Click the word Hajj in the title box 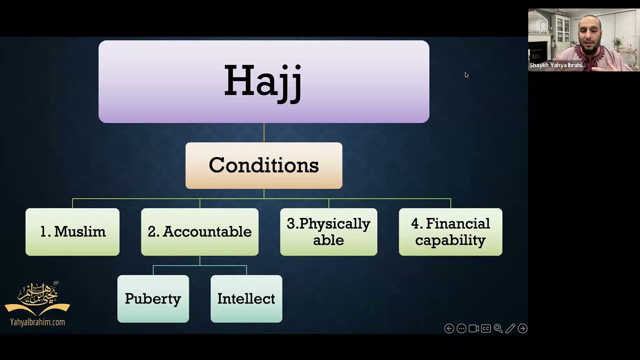[x=263, y=81]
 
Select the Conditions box [x=263, y=165]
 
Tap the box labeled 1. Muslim [x=72, y=232]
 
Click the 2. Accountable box [x=199, y=232]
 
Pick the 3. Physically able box [x=328, y=232]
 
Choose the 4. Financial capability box [x=450, y=232]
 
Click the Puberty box [x=153, y=298]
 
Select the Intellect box [x=246, y=298]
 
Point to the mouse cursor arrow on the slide [x=466, y=75]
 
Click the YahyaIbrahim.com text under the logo [x=37, y=322]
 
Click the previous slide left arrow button [x=449, y=328]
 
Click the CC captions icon [x=485, y=328]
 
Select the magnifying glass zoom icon [x=498, y=328]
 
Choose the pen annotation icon [x=510, y=328]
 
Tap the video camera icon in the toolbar [x=473, y=328]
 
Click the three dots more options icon [x=461, y=328]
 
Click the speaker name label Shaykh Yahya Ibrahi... [x=557, y=65]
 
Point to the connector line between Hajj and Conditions [x=264, y=132]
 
